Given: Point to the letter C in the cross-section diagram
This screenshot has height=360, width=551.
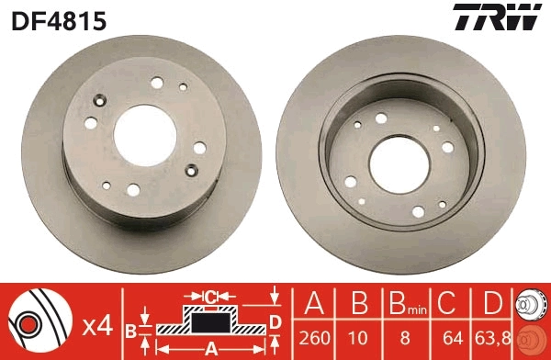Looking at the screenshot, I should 210,296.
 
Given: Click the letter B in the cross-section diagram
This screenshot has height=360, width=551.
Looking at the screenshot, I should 130,328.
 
